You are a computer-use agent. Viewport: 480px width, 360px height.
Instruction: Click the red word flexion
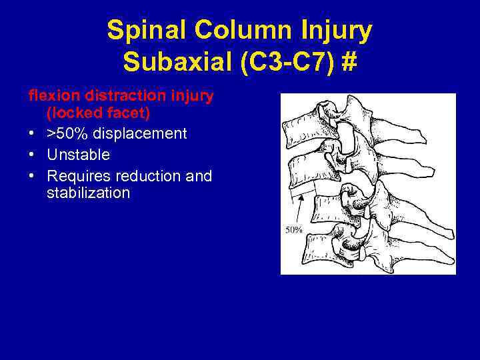(x=50, y=96)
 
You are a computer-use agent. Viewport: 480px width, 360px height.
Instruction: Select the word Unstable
(x=78, y=155)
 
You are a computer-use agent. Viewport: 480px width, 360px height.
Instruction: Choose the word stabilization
(x=89, y=194)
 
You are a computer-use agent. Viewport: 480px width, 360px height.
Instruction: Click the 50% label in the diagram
(x=294, y=230)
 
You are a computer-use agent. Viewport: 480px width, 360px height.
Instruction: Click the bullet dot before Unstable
(x=31, y=155)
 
